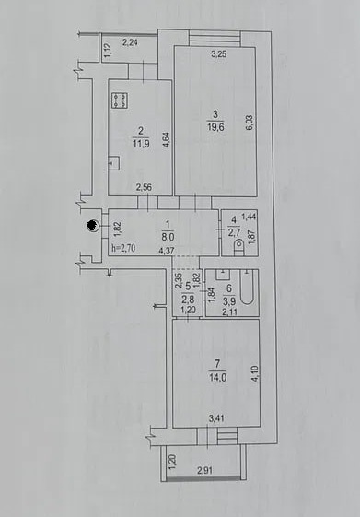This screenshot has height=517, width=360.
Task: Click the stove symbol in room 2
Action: [120, 100]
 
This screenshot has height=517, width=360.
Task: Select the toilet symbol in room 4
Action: [239, 247]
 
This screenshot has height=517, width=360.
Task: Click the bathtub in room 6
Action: [247, 287]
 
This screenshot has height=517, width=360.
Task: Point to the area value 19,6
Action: [215, 126]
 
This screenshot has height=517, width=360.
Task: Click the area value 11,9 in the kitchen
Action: [141, 143]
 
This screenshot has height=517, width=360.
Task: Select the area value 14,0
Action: [217, 377]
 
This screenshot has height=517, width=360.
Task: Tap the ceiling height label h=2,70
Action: [123, 248]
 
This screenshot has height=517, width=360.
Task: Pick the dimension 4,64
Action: [167, 139]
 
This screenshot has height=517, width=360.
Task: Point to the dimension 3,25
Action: [218, 54]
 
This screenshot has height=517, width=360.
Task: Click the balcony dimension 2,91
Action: [204, 470]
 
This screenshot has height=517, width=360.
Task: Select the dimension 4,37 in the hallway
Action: [167, 252]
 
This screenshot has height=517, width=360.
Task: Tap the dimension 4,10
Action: [256, 373]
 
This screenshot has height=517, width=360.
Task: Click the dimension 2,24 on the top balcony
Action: [130, 42]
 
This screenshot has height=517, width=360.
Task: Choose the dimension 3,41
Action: [216, 418]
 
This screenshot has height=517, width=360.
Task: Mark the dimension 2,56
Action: [144, 188]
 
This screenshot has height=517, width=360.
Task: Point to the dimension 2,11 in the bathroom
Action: [230, 311]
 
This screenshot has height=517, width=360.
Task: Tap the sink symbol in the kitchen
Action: [113, 162]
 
